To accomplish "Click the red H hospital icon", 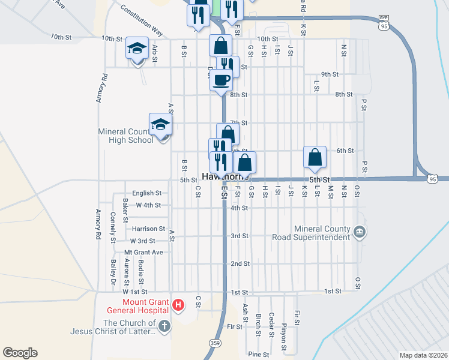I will pos(178,305).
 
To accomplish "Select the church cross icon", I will pos(164,326).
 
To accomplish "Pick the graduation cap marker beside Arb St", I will pos(137,49).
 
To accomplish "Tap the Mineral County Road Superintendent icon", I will pos(359,232).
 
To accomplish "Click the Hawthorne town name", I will pos(225,178).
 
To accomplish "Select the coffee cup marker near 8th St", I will pos(221,80).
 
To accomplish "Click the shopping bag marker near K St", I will pos(315,157).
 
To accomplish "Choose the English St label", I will pos(147,193).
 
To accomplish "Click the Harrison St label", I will pos(149,229).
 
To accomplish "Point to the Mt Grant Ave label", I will pos(143,252).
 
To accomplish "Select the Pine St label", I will pos(259,355).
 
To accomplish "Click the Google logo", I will pos(20,353).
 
